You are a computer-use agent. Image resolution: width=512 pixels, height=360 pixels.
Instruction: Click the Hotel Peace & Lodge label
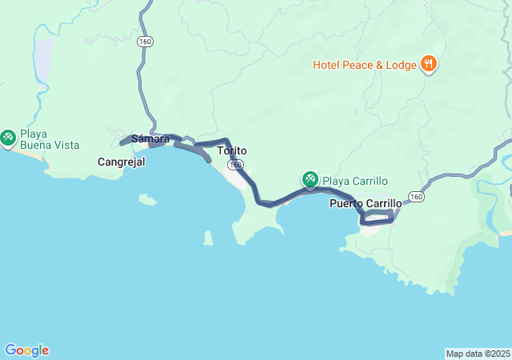365,64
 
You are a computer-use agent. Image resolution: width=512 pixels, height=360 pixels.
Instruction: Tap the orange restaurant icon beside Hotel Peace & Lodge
428,64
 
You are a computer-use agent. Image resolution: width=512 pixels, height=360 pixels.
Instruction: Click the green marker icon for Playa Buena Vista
9,138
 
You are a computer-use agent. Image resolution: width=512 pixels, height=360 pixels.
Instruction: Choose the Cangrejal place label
121,162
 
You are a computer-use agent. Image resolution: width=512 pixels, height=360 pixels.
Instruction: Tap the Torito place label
232,150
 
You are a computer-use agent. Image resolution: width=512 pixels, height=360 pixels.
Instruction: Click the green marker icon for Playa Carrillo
310,179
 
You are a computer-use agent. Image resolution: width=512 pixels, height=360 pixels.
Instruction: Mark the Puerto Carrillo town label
366,203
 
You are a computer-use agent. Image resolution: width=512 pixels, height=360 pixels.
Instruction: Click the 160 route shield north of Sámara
145,41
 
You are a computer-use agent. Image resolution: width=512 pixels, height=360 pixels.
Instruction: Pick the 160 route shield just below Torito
234,165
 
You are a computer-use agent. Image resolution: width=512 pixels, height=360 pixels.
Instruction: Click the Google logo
26,350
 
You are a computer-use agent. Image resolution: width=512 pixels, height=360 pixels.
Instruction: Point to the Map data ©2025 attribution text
478,354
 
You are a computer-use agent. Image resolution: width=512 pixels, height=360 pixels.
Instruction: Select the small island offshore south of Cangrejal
147,199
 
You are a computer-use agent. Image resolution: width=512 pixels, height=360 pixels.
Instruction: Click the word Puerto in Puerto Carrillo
346,203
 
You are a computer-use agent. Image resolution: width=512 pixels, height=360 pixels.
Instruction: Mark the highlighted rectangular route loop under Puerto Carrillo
378,217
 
